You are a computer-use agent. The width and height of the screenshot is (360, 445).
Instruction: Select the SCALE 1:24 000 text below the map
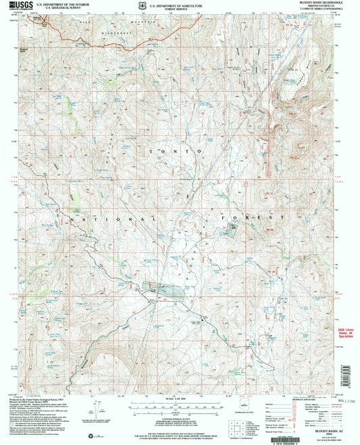pos(178,403)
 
